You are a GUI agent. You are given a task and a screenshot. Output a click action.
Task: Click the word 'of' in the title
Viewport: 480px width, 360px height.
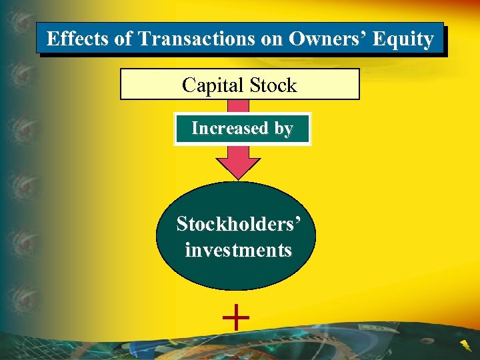point(124,39)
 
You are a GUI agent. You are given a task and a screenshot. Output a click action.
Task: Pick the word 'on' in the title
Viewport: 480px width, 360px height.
point(271,39)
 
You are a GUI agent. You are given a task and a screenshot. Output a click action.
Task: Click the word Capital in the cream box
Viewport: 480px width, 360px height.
point(211,85)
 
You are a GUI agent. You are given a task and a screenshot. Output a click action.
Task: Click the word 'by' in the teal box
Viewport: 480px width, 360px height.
point(282,129)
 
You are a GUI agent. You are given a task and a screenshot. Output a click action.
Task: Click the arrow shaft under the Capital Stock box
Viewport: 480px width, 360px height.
point(239,106)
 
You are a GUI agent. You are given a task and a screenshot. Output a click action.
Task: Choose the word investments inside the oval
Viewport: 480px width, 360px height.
point(239,251)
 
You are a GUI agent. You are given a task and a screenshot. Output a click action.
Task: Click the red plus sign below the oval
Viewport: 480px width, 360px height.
point(236,315)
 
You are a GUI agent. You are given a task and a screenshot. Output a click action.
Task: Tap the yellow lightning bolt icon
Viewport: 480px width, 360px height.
point(465,345)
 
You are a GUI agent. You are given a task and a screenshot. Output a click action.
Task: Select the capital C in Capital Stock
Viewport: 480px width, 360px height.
point(188,85)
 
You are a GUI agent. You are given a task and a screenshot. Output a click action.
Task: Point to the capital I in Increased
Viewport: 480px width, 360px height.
point(195,128)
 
